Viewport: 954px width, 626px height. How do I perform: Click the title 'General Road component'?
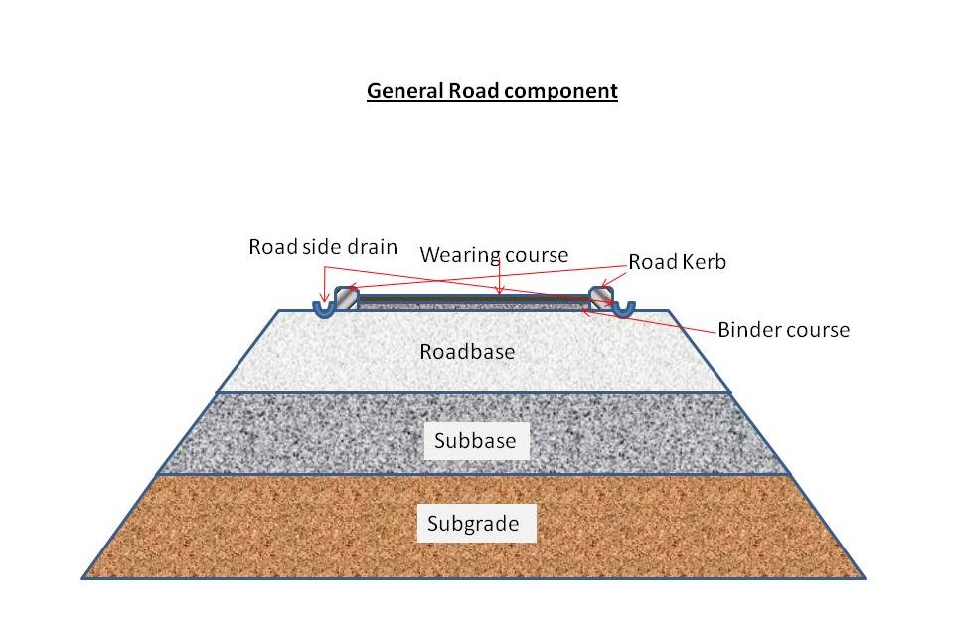pyautogui.click(x=492, y=91)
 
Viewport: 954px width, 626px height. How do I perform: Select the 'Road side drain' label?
pyautogui.click(x=324, y=246)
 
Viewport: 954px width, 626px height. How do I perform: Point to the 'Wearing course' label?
pyautogui.click(x=494, y=255)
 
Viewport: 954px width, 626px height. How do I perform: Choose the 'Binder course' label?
pyautogui.click(x=783, y=329)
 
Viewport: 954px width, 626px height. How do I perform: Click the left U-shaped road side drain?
pyautogui.click(x=324, y=308)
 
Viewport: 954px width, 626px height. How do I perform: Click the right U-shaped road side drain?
pyautogui.click(x=622, y=308)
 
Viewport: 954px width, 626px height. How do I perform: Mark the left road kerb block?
pyautogui.click(x=344, y=298)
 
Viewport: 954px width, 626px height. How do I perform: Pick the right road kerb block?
pyautogui.click(x=601, y=298)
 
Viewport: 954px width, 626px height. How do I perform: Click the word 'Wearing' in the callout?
pyautogui.click(x=460, y=255)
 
